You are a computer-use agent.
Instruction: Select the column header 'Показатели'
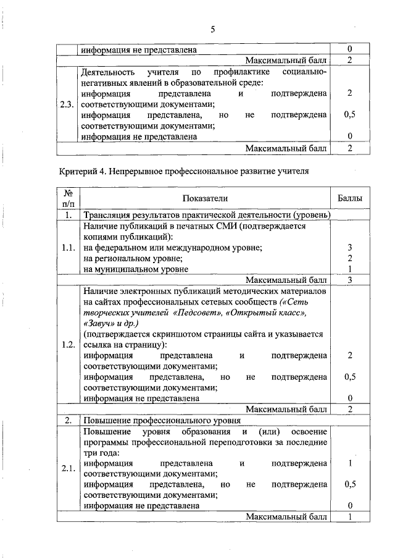[x=205, y=198]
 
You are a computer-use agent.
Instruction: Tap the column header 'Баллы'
[x=349, y=198]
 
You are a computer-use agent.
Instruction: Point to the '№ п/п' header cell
[x=69, y=198]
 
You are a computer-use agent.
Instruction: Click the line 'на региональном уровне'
[x=133, y=258]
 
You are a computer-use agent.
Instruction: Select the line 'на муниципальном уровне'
[x=136, y=269]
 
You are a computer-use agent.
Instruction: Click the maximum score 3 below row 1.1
[x=349, y=280]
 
